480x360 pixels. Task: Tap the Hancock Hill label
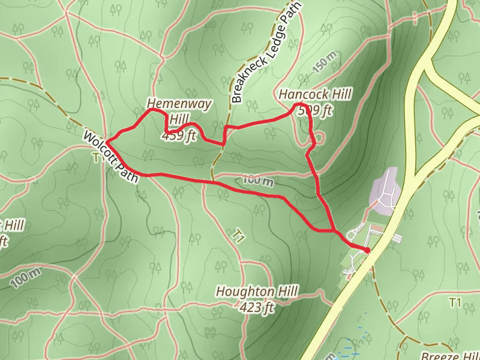[314, 94]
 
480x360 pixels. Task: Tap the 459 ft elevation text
[179, 136]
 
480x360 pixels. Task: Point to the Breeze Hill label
[450, 355]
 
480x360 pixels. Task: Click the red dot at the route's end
[367, 250]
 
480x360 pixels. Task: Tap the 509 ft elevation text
[315, 110]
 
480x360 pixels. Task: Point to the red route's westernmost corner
[107, 142]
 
